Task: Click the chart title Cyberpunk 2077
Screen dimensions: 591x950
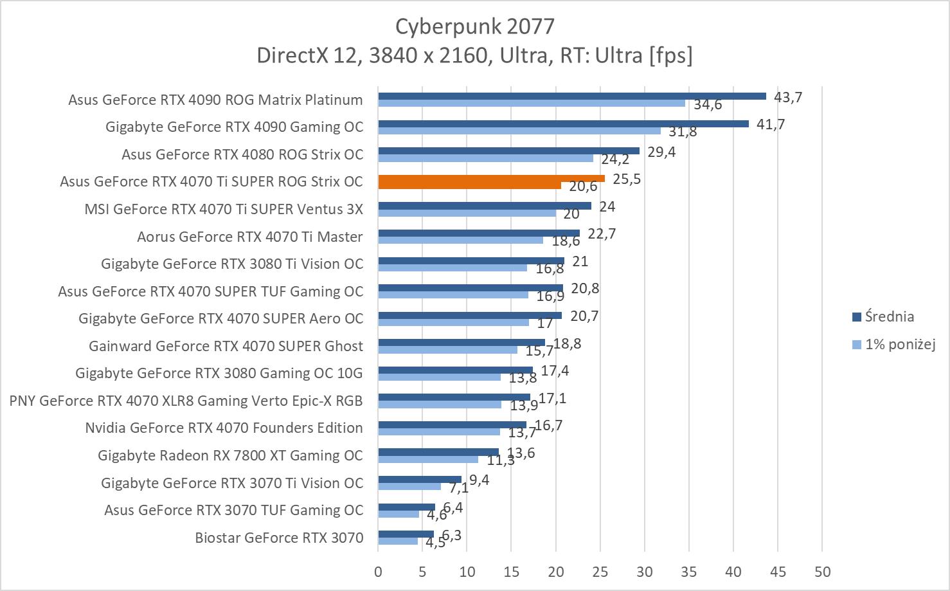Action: click(x=474, y=26)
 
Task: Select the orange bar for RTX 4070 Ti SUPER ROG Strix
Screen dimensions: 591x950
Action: click(x=491, y=178)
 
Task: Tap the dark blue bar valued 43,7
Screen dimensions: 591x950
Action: click(x=572, y=96)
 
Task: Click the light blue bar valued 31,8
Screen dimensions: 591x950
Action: click(x=519, y=131)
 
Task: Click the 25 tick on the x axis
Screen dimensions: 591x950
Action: click(x=600, y=572)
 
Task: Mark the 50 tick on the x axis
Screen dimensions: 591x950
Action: click(x=822, y=572)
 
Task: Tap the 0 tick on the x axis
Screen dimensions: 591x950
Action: click(x=378, y=572)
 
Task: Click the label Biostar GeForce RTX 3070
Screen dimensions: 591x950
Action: click(x=279, y=538)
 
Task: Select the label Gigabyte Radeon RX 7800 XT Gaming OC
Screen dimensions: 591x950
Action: click(x=230, y=455)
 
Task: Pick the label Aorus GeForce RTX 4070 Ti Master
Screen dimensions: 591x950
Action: click(x=249, y=237)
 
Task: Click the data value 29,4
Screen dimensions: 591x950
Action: click(x=661, y=152)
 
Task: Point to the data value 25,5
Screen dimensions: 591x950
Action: click(x=626, y=179)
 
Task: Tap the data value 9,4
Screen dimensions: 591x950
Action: click(x=479, y=480)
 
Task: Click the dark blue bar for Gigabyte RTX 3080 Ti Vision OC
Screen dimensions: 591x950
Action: click(x=471, y=260)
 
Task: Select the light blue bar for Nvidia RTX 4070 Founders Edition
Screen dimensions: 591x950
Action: click(x=439, y=432)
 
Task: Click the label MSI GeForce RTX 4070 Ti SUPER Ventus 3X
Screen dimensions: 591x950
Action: click(x=224, y=209)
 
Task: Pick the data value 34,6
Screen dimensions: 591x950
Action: click(x=708, y=104)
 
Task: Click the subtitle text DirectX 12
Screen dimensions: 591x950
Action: click(x=309, y=55)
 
